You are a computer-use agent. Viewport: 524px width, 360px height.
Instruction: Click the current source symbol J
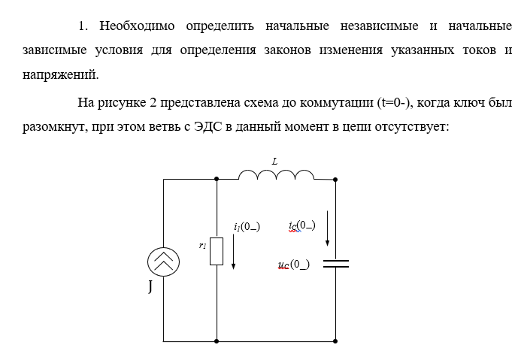[163, 262]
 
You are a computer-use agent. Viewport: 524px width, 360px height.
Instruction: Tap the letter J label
[150, 286]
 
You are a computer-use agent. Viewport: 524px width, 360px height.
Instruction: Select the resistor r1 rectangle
[217, 251]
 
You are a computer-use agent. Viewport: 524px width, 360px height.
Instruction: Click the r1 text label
[202, 245]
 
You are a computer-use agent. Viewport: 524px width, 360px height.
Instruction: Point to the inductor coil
[276, 175]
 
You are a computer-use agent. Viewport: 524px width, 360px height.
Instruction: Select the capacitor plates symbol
[335, 263]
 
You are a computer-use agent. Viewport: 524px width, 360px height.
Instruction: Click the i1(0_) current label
[247, 227]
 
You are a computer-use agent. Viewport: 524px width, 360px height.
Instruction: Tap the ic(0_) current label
[301, 225]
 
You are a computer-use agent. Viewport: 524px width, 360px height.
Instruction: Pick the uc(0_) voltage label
[293, 265]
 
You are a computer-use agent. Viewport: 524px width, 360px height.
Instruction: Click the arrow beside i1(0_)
[234, 252]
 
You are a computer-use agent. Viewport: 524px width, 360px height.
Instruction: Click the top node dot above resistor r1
[217, 179]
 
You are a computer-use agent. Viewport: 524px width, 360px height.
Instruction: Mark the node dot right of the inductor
[335, 179]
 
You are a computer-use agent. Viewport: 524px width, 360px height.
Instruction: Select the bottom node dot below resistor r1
[217, 341]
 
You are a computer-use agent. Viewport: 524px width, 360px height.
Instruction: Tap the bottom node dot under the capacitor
[335, 341]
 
